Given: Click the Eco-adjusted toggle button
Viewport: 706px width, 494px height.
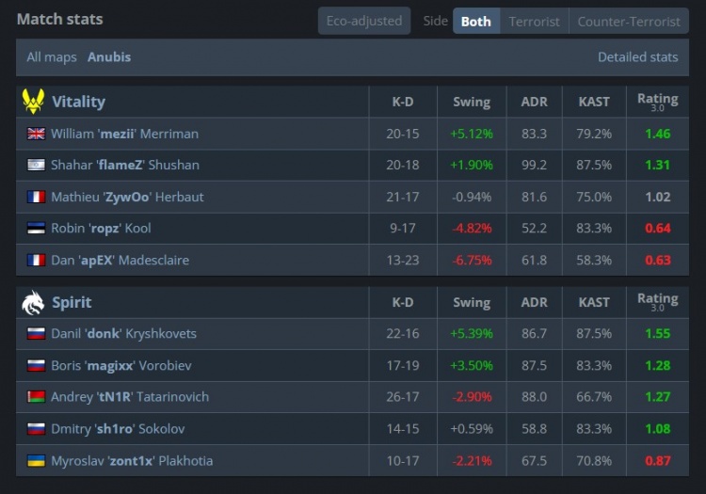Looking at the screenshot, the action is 364,21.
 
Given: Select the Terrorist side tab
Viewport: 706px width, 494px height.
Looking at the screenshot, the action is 534,21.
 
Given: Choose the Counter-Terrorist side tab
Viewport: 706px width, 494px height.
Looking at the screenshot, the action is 629,21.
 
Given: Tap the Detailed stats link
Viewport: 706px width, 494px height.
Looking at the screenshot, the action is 637,57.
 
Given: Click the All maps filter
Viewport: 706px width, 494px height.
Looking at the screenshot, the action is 52,57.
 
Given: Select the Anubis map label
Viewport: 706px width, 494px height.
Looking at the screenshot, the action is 109,57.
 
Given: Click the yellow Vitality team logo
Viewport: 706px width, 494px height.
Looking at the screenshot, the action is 33,102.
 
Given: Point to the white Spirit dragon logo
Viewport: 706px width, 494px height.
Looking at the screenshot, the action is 33,302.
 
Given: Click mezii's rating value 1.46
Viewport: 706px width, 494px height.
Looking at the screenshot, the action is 657,134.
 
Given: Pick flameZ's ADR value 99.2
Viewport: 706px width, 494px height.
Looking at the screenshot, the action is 534,165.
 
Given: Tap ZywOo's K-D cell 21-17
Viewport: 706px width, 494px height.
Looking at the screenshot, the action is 403,197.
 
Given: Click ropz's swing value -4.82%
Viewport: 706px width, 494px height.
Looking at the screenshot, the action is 472,228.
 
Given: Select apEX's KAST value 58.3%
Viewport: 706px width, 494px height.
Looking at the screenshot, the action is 594,260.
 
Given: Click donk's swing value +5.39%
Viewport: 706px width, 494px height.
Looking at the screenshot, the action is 472,333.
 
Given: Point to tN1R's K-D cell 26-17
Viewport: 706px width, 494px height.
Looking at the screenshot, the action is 403,397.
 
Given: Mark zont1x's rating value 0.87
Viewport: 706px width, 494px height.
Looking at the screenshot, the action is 657,461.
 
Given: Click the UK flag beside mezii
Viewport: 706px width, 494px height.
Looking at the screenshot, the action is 36,134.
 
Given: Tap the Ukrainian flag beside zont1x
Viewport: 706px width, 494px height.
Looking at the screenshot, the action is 36,461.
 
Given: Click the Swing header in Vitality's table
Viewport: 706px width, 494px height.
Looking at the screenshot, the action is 472,102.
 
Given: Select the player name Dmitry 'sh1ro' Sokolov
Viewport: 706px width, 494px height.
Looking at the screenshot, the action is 118,429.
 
